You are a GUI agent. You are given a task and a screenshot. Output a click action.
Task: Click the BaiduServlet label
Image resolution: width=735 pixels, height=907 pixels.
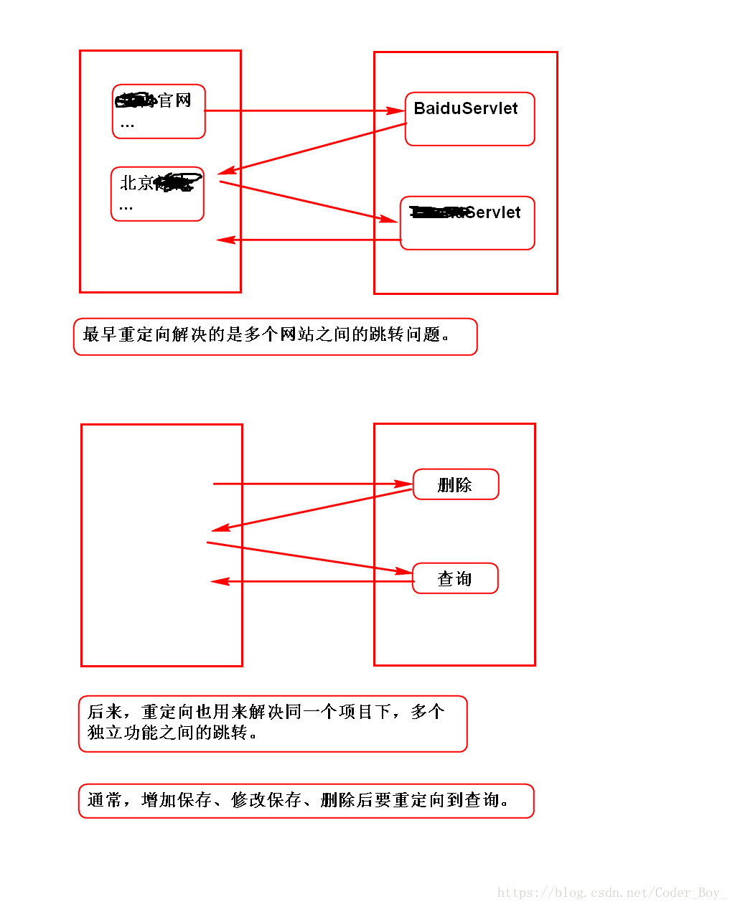(465, 108)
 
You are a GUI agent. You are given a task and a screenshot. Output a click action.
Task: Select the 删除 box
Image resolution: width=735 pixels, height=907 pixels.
(455, 485)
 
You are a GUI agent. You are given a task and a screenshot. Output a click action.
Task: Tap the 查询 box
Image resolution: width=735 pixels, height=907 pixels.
(455, 579)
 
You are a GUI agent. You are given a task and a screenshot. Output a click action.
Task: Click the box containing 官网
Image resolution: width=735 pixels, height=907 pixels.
(159, 111)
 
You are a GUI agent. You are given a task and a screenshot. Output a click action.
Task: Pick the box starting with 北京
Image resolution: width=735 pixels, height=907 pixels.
(157, 194)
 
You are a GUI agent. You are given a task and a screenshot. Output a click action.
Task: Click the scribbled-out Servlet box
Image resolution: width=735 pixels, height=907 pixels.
(467, 222)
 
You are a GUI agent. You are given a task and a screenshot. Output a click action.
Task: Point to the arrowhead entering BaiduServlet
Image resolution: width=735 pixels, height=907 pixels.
(396, 111)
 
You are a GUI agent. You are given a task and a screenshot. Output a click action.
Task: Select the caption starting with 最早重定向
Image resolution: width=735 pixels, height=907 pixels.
(275, 337)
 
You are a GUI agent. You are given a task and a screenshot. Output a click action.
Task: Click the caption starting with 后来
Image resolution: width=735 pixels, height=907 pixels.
(273, 723)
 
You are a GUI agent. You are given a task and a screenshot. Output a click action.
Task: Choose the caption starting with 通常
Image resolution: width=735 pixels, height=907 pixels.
(306, 801)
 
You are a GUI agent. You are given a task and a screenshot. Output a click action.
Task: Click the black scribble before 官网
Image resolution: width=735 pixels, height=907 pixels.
(136, 100)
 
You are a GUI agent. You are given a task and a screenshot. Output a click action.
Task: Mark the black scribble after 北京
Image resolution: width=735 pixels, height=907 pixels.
(177, 183)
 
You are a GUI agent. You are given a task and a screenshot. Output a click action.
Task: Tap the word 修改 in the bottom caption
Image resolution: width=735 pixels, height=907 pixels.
(248, 800)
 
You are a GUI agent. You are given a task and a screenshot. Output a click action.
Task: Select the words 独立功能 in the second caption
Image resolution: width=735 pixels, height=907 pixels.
(123, 733)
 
